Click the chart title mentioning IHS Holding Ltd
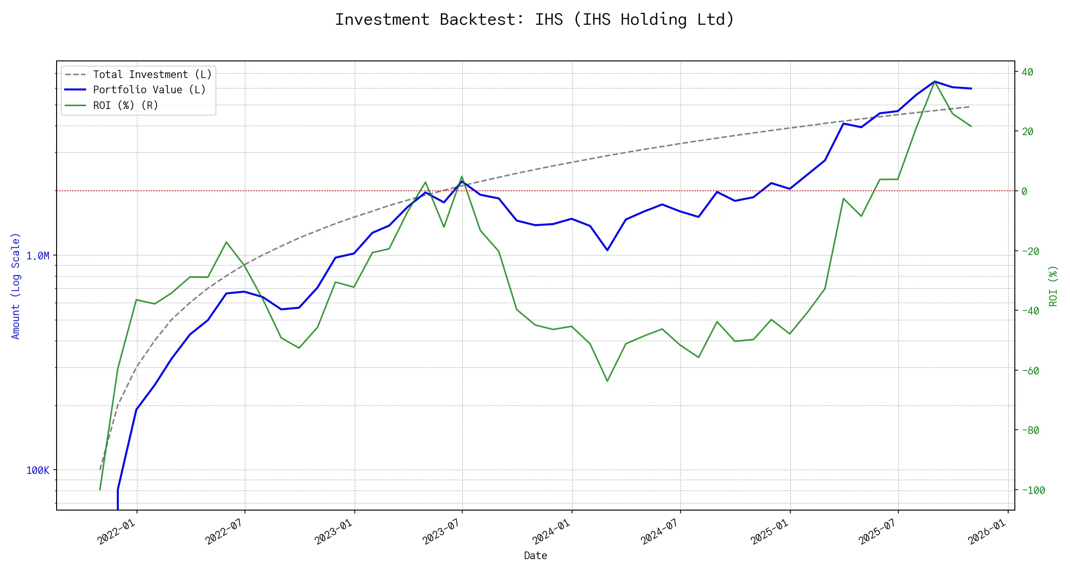coord(535,20)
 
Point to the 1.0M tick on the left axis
coord(38,256)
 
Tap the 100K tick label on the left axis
coord(38,471)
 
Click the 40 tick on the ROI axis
coord(1027,72)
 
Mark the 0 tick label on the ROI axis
coord(1024,191)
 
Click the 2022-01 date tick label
coord(117,532)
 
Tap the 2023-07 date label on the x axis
coord(442,532)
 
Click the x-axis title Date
coord(535,555)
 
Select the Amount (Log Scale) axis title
coord(16,285)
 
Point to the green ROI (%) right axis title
coord(1053,285)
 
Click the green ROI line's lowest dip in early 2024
coord(607,381)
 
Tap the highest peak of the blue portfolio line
coord(934,81)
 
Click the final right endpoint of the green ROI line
coord(971,126)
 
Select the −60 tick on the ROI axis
coord(1030,371)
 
